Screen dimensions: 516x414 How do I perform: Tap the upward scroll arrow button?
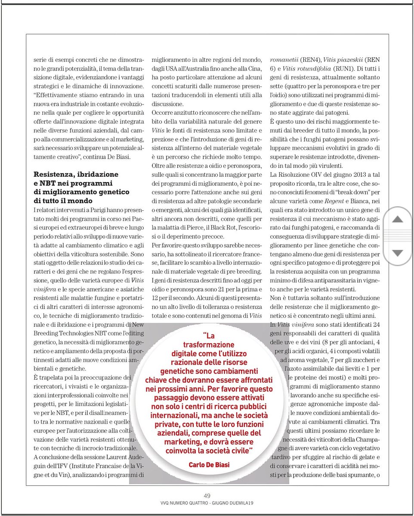[398, 219]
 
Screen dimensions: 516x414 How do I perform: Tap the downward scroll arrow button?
[398, 253]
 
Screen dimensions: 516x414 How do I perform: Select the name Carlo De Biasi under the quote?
[209, 465]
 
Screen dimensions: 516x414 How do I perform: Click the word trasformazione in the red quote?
[209, 344]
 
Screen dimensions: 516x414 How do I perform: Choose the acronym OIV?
[308, 175]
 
